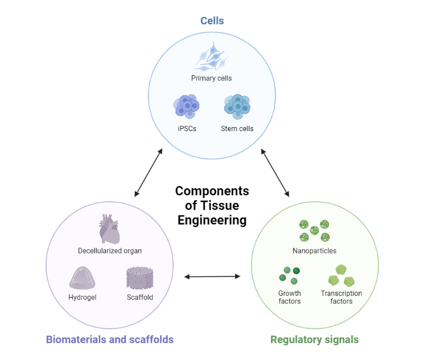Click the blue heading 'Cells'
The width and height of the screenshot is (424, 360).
(x=211, y=21)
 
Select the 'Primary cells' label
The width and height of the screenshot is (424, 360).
(x=211, y=78)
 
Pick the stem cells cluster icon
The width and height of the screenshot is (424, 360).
(x=237, y=106)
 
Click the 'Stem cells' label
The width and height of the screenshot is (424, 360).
(x=237, y=128)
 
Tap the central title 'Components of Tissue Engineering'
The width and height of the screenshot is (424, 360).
(x=212, y=206)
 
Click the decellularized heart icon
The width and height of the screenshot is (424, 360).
(x=110, y=229)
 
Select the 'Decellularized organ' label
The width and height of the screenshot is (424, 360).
(x=110, y=251)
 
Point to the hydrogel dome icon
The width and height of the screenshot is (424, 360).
(x=82, y=278)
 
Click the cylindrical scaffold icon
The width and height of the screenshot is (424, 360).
(x=140, y=278)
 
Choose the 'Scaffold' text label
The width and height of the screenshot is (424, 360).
(x=140, y=297)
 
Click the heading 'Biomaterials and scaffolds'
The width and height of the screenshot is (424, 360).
(x=110, y=339)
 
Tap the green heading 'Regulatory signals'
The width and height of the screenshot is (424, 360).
(x=314, y=339)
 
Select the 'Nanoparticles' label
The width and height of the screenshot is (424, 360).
(x=314, y=251)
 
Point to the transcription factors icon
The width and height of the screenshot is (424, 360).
(x=341, y=274)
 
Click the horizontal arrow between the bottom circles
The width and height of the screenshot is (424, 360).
(x=212, y=276)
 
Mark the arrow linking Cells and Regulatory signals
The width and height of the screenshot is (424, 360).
(x=275, y=173)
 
